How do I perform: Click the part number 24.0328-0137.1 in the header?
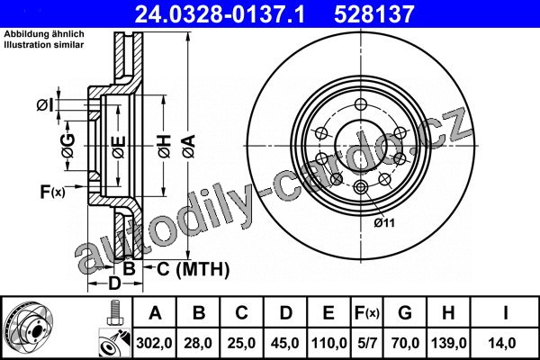[220, 14]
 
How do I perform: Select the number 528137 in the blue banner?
[374, 14]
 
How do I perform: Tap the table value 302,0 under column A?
[154, 343]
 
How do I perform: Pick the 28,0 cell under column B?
[198, 343]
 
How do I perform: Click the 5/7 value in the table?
[367, 343]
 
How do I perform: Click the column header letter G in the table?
[405, 313]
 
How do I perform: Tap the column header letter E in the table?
[328, 313]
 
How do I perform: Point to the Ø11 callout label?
[384, 223]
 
